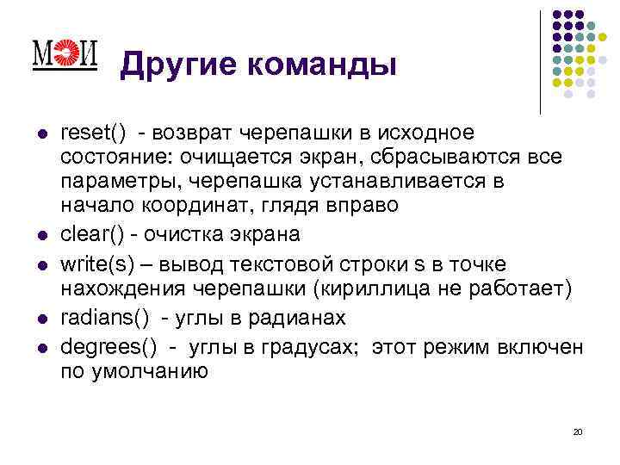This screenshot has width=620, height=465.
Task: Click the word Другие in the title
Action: (x=173, y=64)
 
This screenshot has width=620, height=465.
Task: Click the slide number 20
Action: (x=577, y=431)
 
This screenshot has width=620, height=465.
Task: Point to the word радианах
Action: (x=294, y=318)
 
